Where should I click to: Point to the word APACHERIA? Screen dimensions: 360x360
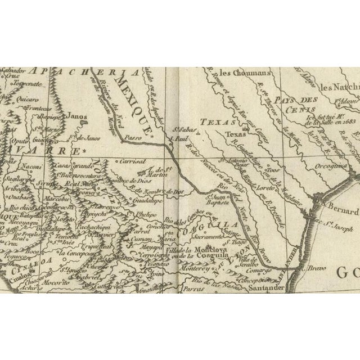[x=92, y=72]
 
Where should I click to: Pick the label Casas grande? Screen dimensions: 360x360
[x=74, y=166]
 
